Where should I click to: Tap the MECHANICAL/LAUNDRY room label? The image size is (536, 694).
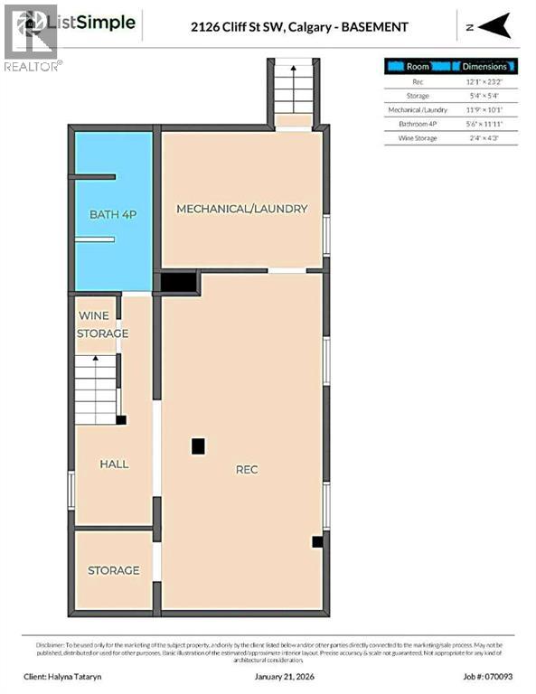241,209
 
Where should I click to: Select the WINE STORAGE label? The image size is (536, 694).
103,324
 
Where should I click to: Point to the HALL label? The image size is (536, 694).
114,464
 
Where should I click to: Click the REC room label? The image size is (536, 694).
247,469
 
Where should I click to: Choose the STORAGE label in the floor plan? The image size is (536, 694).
113,570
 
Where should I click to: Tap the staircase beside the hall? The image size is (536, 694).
97,388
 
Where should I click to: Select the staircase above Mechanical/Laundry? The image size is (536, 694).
292,90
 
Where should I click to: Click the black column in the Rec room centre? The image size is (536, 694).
198,445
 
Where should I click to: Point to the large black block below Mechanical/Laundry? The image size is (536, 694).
179,282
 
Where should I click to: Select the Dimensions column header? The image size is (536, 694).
484,66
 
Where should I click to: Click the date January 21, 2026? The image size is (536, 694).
268,676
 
